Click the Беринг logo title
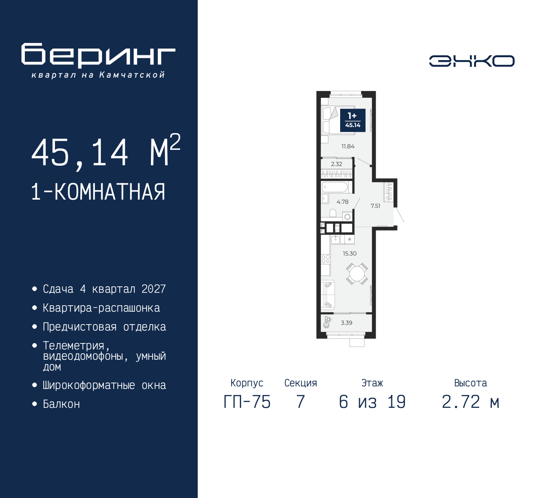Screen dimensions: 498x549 pos(98,55)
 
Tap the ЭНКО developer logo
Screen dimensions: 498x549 pos(471,61)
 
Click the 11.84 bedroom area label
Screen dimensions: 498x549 pos(348,146)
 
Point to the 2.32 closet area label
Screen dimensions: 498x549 pos(337,164)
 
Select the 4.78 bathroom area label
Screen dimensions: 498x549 pos(342,202)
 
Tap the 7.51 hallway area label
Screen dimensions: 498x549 pos(375,206)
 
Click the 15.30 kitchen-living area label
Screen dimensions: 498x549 pos(350,254)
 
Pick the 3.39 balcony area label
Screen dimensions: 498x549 pos(347,323)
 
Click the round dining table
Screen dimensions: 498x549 pos(357,273)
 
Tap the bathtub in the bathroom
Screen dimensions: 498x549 pos(335,187)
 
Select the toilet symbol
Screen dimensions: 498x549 pos(333,213)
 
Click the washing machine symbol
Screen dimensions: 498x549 pos(347,217)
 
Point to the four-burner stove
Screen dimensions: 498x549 pos(326,259)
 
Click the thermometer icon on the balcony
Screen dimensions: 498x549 pos(327,322)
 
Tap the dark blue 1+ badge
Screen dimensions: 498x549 pos(353,120)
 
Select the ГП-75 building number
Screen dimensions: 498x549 pos(247,402)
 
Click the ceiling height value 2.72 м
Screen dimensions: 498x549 pos(471,402)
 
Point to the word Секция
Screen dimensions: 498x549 pos(301,383)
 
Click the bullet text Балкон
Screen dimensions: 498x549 pos(61,404)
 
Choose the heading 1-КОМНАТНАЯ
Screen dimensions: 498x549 pos(98,192)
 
